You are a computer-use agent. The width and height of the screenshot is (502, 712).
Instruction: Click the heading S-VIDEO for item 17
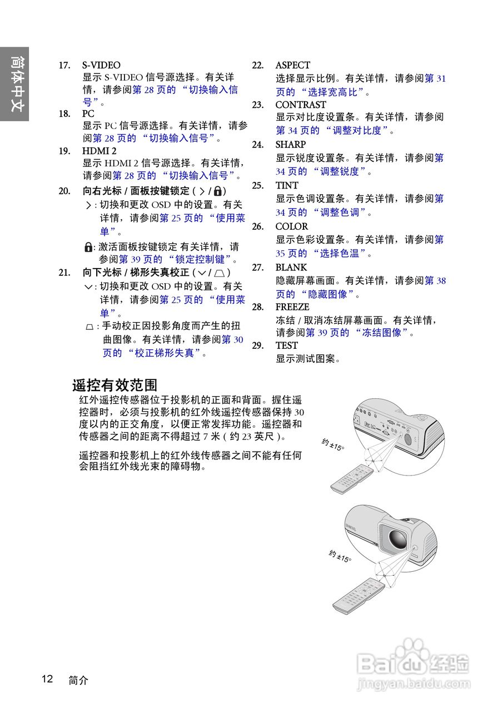[101, 65]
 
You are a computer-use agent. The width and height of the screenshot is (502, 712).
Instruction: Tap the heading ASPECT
[293, 65]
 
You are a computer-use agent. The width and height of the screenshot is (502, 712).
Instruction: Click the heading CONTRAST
[301, 105]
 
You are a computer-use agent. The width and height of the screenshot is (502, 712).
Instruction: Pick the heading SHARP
[291, 145]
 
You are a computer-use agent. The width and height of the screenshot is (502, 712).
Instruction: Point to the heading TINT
[287, 185]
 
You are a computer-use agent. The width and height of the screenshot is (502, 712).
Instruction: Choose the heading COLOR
[292, 226]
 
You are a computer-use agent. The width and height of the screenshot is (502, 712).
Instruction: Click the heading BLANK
[291, 268]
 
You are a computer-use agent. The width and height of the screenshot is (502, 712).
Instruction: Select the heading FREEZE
[292, 307]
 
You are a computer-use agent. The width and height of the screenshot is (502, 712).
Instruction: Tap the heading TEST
[287, 345]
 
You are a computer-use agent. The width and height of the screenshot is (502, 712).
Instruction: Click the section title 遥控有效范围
[115, 385]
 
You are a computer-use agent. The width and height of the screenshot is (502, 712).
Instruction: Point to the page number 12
[47, 679]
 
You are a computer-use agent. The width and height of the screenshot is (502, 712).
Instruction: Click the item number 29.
[257, 345]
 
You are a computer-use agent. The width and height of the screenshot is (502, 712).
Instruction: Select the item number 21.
[64, 273]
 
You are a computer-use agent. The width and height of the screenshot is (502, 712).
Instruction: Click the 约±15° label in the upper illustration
[333, 444]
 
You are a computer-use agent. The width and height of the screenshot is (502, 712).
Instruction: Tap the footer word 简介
[78, 680]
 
